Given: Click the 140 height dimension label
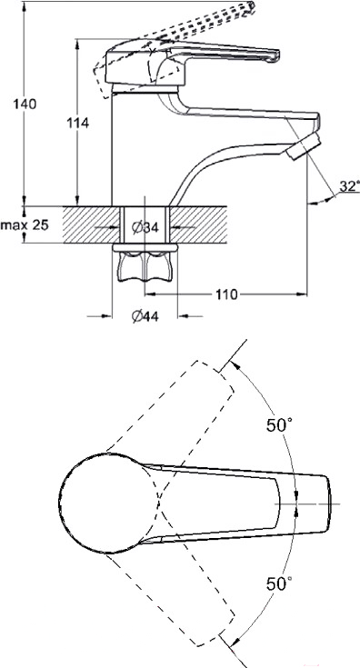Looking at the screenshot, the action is [25, 104].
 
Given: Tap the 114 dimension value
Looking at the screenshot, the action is [77, 123].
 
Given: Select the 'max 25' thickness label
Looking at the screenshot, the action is [25, 224].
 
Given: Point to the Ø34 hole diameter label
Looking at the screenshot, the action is [145, 227].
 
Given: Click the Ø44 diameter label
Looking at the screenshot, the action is [145, 316].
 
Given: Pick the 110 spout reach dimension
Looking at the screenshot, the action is [226, 294].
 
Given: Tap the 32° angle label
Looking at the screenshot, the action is [349, 186].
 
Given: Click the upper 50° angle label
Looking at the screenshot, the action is [279, 425].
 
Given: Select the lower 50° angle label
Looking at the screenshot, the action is [279, 583].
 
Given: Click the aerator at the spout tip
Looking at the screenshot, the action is [303, 146].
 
